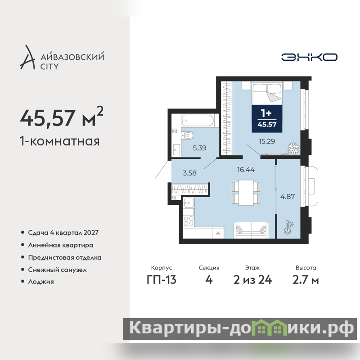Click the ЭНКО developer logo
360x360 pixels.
tap(309, 57)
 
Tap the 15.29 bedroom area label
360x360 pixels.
tap(267, 141)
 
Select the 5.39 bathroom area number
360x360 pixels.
tap(199, 148)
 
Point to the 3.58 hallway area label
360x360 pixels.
tap(189, 173)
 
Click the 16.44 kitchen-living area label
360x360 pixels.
tap(246, 170)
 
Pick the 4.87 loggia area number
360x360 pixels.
tap(288, 197)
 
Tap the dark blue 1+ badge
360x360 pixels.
tap(267, 118)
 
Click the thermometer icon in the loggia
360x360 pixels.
tap(288, 227)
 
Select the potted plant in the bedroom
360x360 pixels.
tap(293, 148)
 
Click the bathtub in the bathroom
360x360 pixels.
tap(198, 120)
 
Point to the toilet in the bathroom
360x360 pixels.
tap(188, 135)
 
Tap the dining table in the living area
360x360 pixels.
tap(246, 193)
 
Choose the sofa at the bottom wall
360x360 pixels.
tap(251, 230)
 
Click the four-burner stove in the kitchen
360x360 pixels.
tap(189, 220)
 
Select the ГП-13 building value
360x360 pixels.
tap(162, 280)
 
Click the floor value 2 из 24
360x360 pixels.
tap(252, 280)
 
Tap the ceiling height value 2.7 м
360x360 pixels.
tap(306, 280)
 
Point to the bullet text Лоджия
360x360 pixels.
tap(41, 282)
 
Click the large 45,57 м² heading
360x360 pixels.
tap(62, 117)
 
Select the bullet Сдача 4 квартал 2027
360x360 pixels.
tap(63, 233)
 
